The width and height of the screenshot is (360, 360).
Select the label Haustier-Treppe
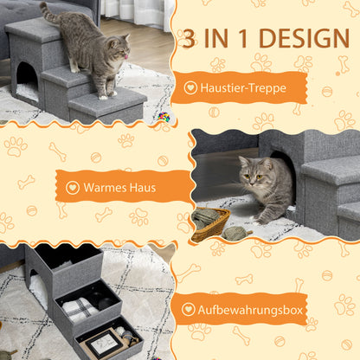tap(246, 88)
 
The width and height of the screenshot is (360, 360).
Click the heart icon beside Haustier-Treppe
tap(190, 88)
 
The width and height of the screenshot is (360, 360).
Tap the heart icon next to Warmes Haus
tap(73, 187)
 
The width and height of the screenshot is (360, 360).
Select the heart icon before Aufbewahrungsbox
tap(190, 308)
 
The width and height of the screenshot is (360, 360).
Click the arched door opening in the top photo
tap(27, 76)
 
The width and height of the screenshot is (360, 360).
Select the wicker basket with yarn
tap(210, 222)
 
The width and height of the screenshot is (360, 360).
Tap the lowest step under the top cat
tap(106, 106)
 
